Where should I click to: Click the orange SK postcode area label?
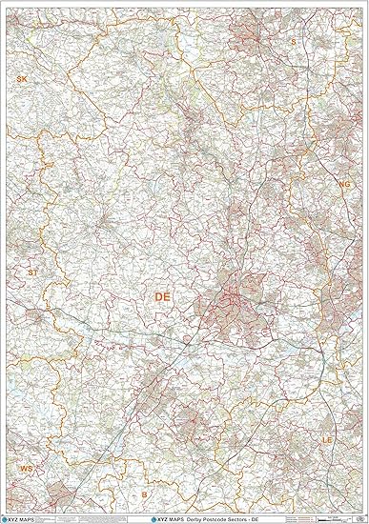[21, 79]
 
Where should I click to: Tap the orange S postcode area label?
[293, 42]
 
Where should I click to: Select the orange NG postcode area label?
[344, 184]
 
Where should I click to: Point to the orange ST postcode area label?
[32, 272]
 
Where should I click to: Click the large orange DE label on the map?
[163, 298]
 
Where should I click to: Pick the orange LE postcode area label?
[327, 441]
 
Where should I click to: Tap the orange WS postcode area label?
[26, 470]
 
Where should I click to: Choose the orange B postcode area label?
[144, 495]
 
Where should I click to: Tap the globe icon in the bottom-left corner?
[7, 518]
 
